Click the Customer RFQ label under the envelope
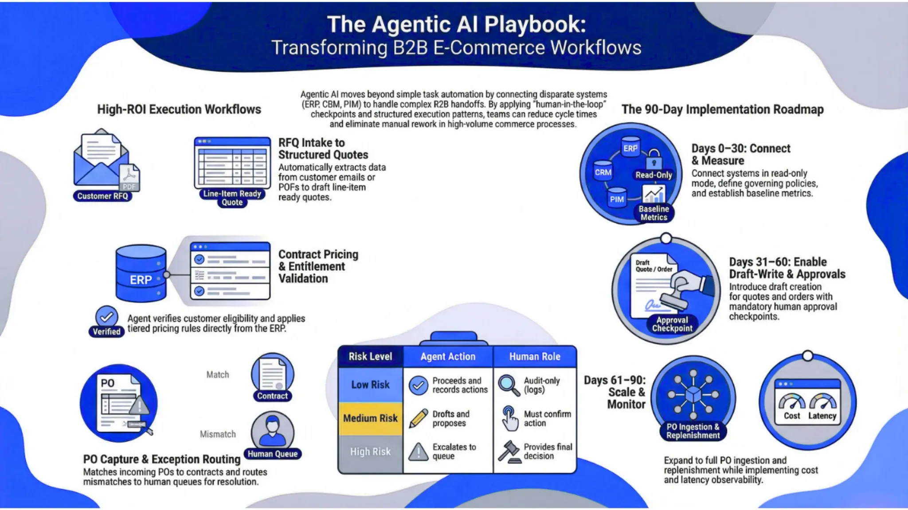[102, 196]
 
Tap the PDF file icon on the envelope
[129, 177]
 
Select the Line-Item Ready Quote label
[232, 198]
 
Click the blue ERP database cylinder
[141, 273]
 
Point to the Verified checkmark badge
[106, 317]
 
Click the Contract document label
[272, 396]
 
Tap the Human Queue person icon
[272, 430]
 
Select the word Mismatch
[218, 434]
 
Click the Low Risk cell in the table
[370, 385]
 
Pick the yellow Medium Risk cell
[370, 418]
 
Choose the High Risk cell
[370, 452]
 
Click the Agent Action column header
[448, 357]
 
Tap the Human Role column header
[535, 357]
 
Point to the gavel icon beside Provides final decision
[509, 452]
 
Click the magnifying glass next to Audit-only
[508, 385]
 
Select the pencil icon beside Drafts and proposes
[418, 418]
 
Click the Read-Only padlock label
[654, 175]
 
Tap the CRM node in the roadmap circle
[603, 172]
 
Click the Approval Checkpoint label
[672, 324]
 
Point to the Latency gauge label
[822, 416]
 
